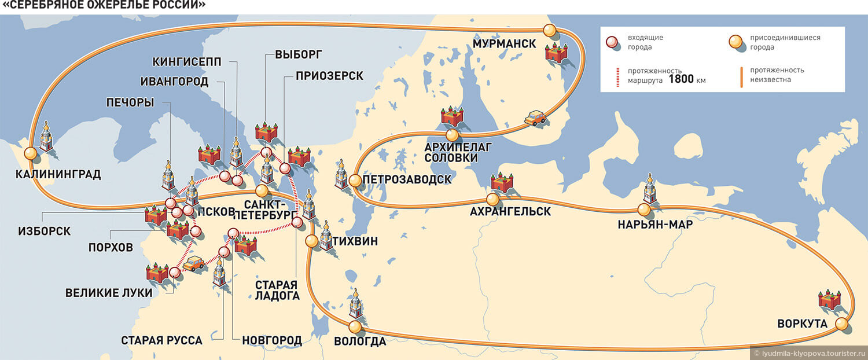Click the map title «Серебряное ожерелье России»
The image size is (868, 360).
[x=104, y=6]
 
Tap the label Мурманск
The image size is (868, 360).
[x=505, y=44]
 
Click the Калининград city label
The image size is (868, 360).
[x=58, y=174]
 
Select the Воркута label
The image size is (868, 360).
[x=802, y=324]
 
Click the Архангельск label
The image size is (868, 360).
[x=510, y=212]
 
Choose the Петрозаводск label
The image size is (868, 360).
[x=407, y=179]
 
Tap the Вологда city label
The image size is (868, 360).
[x=360, y=341]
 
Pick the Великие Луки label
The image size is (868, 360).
[x=109, y=293]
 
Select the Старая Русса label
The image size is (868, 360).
[x=161, y=340]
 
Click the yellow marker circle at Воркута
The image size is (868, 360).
[x=842, y=324]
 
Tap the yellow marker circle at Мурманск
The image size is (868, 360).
[x=550, y=31]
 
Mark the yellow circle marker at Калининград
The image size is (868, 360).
[x=30, y=154]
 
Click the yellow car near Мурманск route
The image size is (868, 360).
[x=535, y=117]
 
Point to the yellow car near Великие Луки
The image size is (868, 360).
[x=194, y=263]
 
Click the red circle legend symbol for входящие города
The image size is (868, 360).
[x=613, y=42]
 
